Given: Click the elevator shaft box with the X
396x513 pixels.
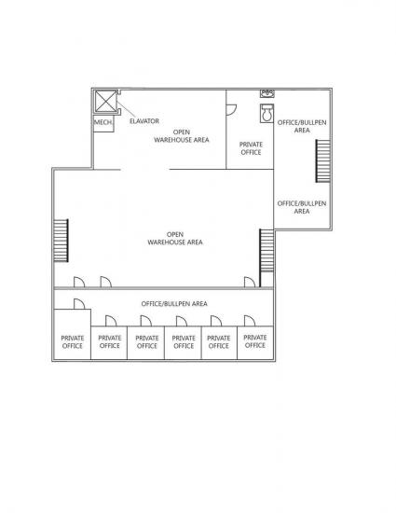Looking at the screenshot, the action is (105, 102).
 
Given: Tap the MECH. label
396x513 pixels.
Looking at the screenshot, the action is (103, 122).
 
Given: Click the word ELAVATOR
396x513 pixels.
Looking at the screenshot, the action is (144, 121).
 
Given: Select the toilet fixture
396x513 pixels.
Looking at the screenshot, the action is (266, 113).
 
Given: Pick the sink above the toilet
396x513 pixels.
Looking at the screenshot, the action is (267, 94).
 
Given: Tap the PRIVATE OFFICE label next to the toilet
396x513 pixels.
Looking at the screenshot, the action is (251, 148).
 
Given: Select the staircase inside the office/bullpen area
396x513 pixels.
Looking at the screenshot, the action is (322, 161).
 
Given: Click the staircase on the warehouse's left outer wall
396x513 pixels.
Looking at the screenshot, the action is (61, 241).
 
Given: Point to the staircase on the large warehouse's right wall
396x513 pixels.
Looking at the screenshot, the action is (266, 251).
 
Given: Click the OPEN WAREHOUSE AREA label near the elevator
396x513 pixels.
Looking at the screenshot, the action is (182, 136).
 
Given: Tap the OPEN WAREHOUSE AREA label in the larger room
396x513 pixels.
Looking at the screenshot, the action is (175, 238).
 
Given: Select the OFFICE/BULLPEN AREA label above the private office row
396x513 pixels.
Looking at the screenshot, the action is (174, 304).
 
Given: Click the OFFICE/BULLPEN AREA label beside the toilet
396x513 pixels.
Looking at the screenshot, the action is (302, 126).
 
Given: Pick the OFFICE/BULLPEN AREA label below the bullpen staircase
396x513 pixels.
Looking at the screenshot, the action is (302, 207).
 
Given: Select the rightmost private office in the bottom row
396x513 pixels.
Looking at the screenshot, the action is (255, 343).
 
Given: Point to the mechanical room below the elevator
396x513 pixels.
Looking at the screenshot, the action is (103, 123).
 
